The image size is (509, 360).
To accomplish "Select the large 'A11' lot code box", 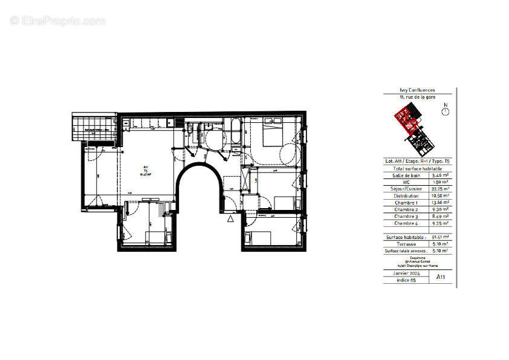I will coord(441,277).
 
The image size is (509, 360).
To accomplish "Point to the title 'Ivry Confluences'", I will coord(417,90).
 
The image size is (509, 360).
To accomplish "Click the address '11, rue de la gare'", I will coord(417,97).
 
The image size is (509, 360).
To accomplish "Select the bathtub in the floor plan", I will coord(233,133).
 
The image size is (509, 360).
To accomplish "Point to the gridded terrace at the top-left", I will coord(93,126).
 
